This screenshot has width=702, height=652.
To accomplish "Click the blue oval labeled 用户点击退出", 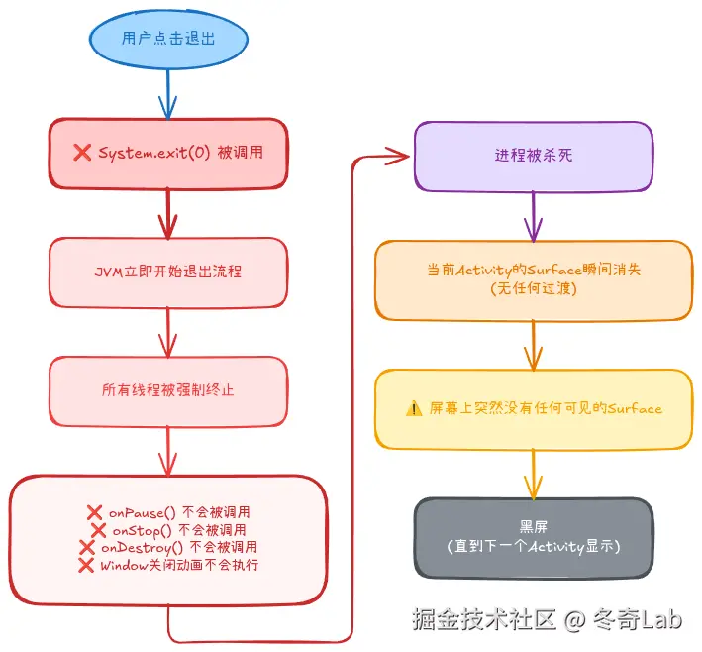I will tap(167, 40).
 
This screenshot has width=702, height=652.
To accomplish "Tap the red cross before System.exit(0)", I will tap(82, 153).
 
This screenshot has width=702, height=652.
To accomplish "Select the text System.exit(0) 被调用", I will tap(179, 153).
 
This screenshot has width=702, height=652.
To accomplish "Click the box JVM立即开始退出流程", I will tap(167, 272).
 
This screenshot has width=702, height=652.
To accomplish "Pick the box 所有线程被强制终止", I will tap(167, 390).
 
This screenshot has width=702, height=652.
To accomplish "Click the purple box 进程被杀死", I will tap(534, 156).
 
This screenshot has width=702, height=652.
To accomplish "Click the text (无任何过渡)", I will tap(534, 288).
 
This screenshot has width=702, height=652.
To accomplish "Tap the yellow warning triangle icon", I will tap(414, 408).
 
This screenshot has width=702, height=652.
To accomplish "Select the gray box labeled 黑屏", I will tap(534, 537).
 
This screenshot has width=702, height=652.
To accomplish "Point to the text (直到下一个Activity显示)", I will tap(534, 546).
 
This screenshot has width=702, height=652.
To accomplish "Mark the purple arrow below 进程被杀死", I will tap(534, 216).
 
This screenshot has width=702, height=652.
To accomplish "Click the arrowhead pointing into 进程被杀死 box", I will tap(398, 156).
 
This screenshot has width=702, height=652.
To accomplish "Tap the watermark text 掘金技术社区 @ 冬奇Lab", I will tap(548, 619).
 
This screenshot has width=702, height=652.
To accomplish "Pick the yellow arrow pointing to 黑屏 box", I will tap(534, 474).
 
